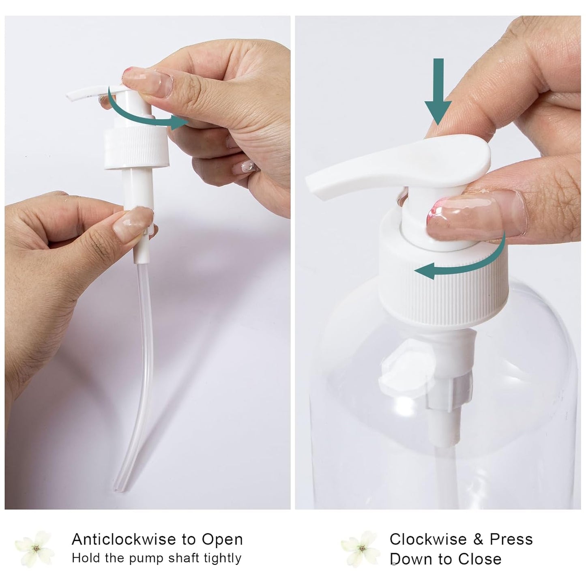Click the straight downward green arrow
tap(438, 91)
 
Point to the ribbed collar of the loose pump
tap(137, 147)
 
